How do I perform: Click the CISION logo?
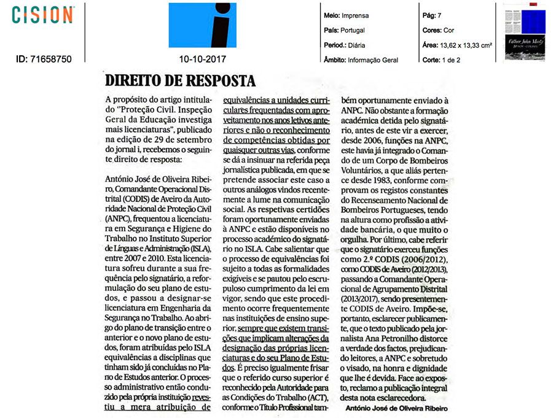tap(43, 15)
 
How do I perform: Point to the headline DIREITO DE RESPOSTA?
tap(180, 81)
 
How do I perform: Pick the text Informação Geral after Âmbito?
tap(372, 60)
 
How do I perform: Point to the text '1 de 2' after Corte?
tap(450, 60)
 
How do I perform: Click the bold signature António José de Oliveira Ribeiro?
tap(396, 408)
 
